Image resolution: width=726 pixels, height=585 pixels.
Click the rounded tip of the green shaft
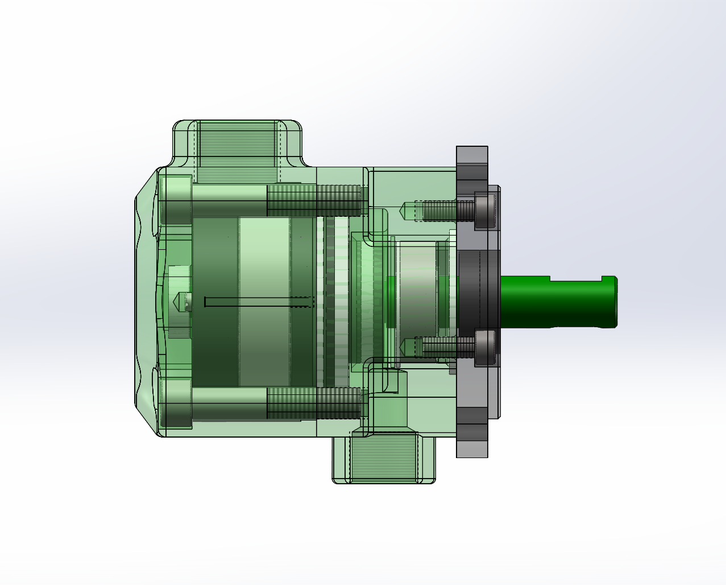click(x=614, y=302)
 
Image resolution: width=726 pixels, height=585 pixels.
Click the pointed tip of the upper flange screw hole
click(x=405, y=211)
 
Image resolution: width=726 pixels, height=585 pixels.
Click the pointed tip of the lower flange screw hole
click(x=405, y=347)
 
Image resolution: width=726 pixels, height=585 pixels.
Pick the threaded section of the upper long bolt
click(x=313, y=200)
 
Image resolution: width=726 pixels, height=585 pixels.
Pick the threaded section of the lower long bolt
click(x=313, y=403)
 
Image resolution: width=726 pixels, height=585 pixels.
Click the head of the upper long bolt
click(x=176, y=200)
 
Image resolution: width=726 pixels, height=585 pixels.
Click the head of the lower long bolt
click(x=176, y=403)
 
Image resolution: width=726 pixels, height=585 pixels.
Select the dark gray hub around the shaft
click(x=478, y=293)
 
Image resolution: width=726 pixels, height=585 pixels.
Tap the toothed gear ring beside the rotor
click(x=330, y=302)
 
